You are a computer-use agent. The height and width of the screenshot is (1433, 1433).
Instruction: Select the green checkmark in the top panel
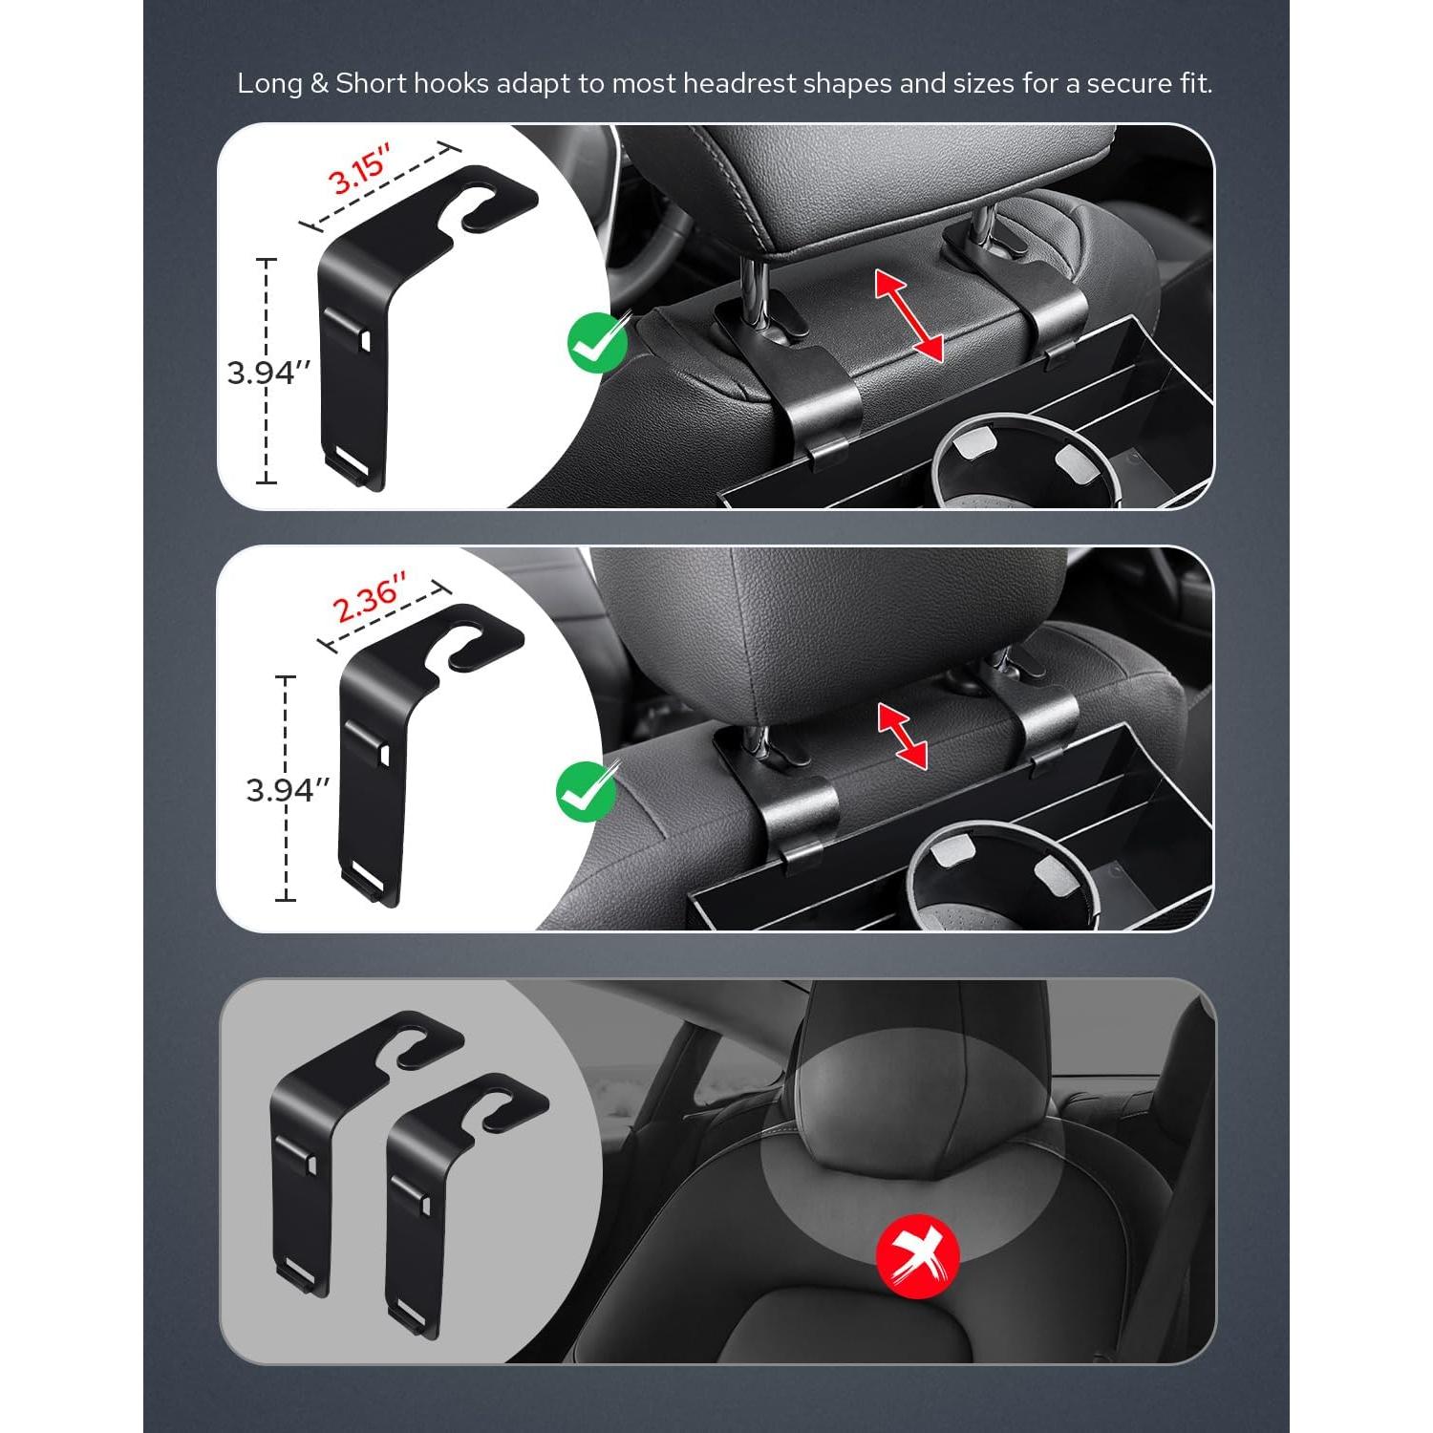coord(597,343)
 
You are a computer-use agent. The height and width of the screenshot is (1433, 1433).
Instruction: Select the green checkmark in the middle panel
coord(586,791)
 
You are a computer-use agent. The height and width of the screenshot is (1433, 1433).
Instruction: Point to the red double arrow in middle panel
coord(903,737)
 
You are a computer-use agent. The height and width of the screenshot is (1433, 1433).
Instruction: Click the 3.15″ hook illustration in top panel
coord(382,315)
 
